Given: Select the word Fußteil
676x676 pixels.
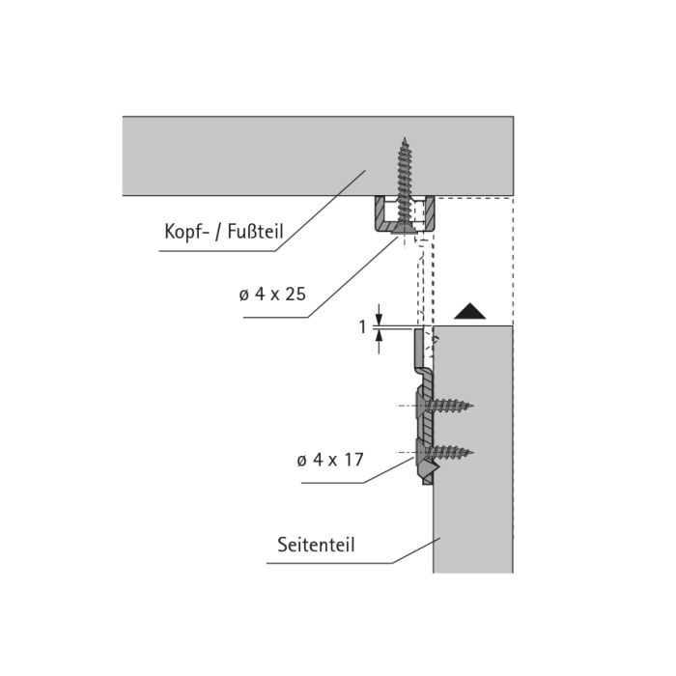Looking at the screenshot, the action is tap(255, 232).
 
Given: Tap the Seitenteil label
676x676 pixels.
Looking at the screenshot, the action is tap(316, 545).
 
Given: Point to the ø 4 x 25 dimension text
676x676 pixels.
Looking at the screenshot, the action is tap(272, 295).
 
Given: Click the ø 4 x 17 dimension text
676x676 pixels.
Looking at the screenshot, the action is tap(330, 460).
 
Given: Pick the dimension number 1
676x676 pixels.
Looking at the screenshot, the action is tap(363, 327).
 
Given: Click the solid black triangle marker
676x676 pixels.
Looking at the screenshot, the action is tap(470, 311).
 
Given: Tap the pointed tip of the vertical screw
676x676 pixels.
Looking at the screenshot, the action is tap(405, 138).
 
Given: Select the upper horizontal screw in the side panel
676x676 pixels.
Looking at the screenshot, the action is tap(443, 406).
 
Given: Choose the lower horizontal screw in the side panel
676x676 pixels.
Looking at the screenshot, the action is tap(443, 452).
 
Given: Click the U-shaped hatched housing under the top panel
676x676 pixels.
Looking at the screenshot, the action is tap(405, 214).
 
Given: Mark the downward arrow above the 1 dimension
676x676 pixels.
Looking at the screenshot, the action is tap(379, 315).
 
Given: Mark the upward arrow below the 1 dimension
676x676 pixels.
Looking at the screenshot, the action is tap(379, 342).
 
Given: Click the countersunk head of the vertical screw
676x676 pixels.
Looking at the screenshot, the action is tap(405, 230).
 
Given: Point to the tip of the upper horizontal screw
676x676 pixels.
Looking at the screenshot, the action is tap(473, 406).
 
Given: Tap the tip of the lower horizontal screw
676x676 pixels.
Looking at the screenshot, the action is tap(473, 452).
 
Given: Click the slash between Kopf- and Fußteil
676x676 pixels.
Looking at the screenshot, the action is tap(218, 233).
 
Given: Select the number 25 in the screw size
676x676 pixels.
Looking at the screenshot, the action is tap(296, 295).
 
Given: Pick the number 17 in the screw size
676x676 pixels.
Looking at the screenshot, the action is tap(354, 460).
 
